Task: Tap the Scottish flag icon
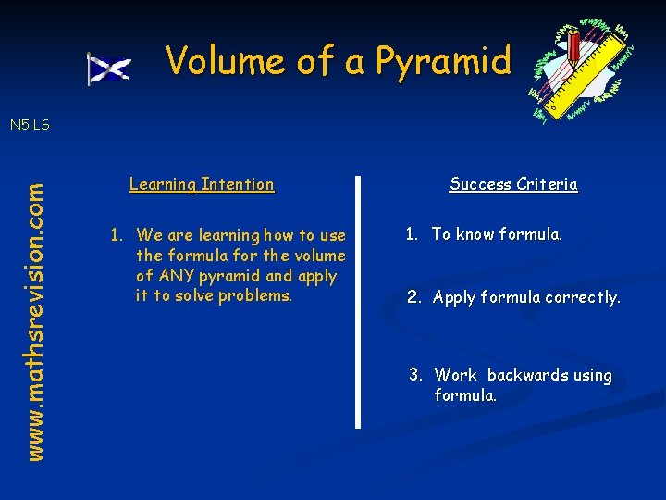[108, 69]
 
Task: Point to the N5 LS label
[30, 124]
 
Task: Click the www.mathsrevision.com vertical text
[34, 320]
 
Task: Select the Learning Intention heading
[202, 184]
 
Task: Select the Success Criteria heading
[513, 184]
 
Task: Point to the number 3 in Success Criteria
[416, 375]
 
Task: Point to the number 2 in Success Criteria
[413, 298]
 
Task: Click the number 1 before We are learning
[116, 235]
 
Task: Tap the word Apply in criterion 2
[453, 298]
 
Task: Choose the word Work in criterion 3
[456, 375]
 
